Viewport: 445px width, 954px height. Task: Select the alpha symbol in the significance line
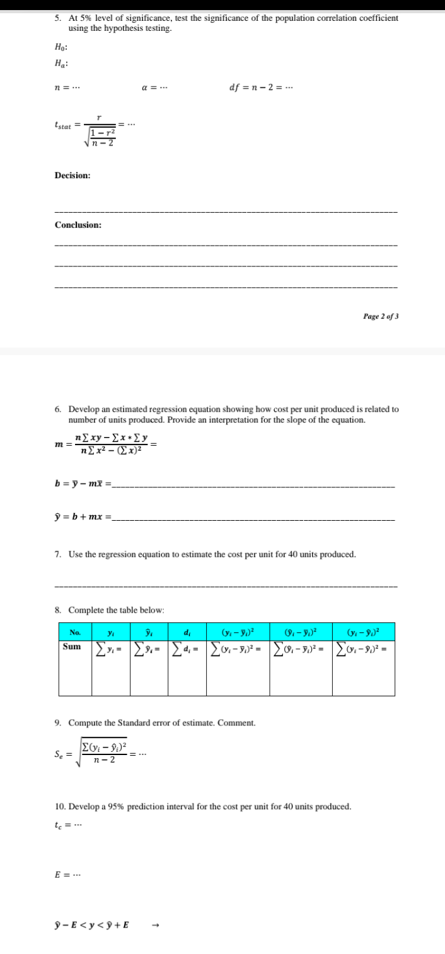146,88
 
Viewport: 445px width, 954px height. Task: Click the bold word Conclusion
78,225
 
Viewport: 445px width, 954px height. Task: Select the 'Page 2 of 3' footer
380,316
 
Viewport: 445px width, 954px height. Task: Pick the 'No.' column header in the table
75,632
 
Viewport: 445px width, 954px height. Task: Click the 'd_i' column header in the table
187,632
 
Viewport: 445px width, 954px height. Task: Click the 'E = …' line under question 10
65,874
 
